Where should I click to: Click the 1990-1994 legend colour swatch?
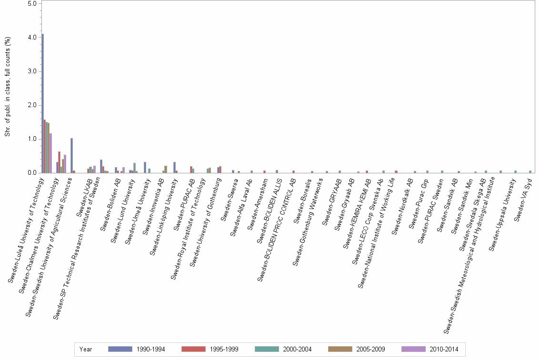pos(120,349)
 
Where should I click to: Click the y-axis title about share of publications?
pos(8,87)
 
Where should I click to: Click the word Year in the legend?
pos(86,349)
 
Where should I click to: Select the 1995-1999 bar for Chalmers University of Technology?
pos(59,162)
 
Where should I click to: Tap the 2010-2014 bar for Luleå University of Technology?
pos(50,153)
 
